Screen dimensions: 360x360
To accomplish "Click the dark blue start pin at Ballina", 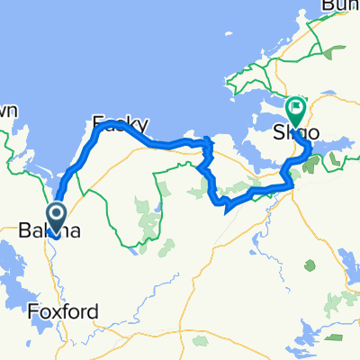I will click(56, 216).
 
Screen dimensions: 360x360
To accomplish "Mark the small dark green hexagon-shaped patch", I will click(310, 265).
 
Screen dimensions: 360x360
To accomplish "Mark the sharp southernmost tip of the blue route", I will click(223, 210).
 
